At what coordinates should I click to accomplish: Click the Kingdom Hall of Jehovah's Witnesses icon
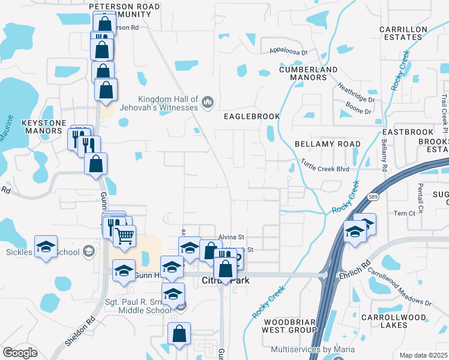(x=208, y=103)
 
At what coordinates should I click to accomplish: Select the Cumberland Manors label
(x=309, y=73)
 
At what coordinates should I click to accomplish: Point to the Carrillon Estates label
(x=403, y=33)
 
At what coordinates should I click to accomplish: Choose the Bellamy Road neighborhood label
(x=328, y=144)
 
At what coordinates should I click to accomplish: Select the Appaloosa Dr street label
(x=288, y=52)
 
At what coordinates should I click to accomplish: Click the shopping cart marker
(x=125, y=236)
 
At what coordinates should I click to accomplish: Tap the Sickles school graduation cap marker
(x=46, y=247)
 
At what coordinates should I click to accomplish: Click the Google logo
(x=20, y=353)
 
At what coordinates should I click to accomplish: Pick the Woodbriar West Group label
(x=290, y=326)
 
